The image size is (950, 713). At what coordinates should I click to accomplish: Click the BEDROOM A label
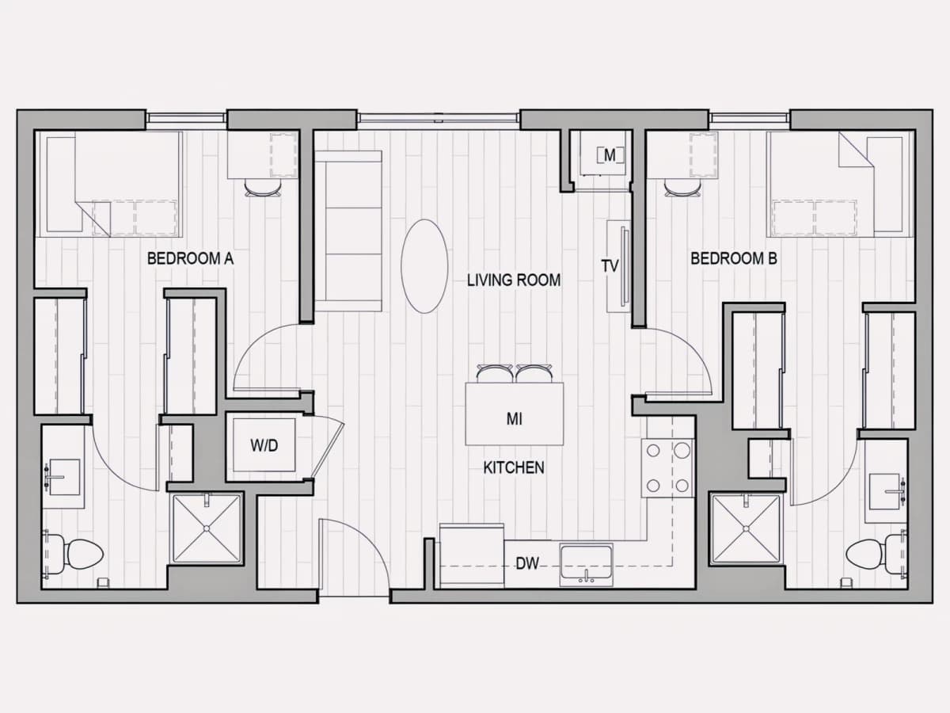point(191,258)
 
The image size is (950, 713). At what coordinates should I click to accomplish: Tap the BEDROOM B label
point(734,258)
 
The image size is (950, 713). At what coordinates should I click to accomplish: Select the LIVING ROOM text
point(514,280)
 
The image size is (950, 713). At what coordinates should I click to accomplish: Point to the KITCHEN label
point(514,467)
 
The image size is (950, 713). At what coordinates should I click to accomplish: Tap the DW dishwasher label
point(527,563)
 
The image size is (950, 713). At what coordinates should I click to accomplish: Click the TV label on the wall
point(610,266)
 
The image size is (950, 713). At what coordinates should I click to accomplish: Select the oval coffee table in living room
point(424,266)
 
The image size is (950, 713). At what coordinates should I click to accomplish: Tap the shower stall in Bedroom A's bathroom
point(207,528)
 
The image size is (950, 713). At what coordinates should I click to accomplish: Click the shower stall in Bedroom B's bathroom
point(746,528)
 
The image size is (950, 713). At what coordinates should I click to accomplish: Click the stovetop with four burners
point(668,468)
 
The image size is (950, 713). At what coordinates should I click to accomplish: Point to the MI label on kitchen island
point(514,419)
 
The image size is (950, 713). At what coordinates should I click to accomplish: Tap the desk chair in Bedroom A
point(263,189)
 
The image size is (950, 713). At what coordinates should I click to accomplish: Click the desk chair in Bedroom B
point(682,189)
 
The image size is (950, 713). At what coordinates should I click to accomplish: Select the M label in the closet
point(610,155)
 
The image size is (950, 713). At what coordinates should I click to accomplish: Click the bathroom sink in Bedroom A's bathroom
point(64,477)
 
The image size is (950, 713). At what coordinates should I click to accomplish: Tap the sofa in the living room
point(348,231)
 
